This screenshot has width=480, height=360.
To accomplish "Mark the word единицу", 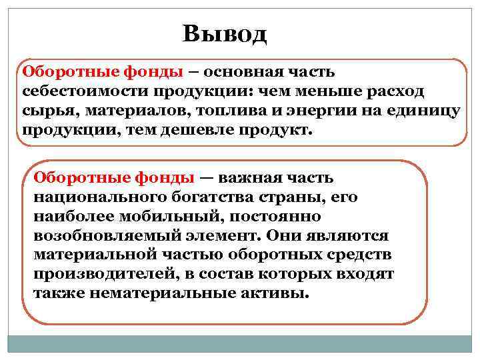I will (426, 110).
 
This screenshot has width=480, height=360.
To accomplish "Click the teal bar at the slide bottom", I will (240, 343).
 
